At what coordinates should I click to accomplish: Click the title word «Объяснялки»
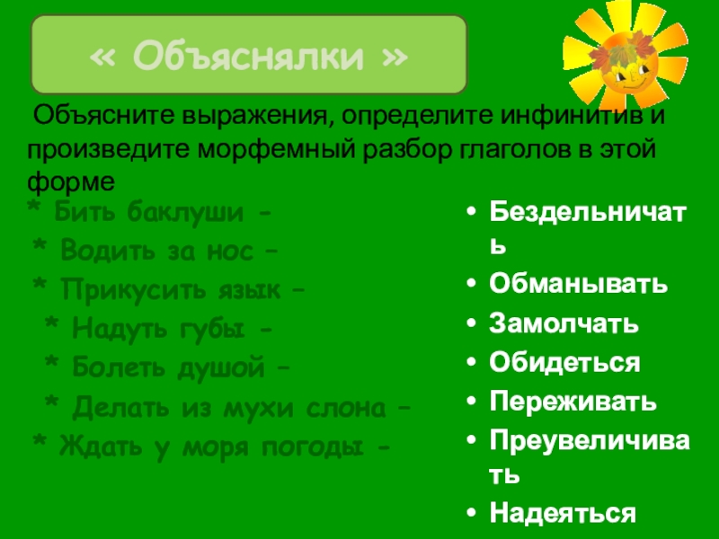coord(248,56)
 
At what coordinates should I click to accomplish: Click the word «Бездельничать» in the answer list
coord(588,229)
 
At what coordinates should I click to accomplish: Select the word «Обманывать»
coord(578,284)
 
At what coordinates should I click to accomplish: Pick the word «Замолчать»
coord(564,323)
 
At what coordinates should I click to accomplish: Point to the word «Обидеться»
coord(564,363)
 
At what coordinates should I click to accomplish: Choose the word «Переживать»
coord(573,402)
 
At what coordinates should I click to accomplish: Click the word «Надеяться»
coord(563,513)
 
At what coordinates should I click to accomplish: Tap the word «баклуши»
coord(185,212)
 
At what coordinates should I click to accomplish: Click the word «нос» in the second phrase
coord(230,252)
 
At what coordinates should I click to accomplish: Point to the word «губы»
coord(211,329)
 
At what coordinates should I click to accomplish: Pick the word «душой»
coord(221,367)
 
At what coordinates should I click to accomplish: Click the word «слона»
coord(346,407)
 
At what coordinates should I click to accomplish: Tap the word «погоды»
coord(313,446)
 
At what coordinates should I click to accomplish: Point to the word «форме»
coord(71,183)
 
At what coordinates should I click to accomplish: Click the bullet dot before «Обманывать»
coord(471,284)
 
